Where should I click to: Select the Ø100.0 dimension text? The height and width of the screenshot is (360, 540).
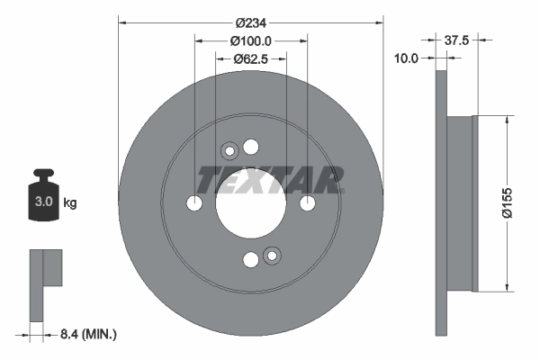coord(251,40)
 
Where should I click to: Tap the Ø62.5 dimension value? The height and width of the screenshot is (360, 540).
coord(252,58)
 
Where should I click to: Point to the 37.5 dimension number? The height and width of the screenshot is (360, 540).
coord(459,40)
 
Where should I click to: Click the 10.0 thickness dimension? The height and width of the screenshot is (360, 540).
coord(408,58)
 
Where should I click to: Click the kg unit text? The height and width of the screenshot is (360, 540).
coord(70,203)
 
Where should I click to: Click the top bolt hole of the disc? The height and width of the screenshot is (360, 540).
coord(251,148)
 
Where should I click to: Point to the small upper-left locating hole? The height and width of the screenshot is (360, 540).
coord(229,151)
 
